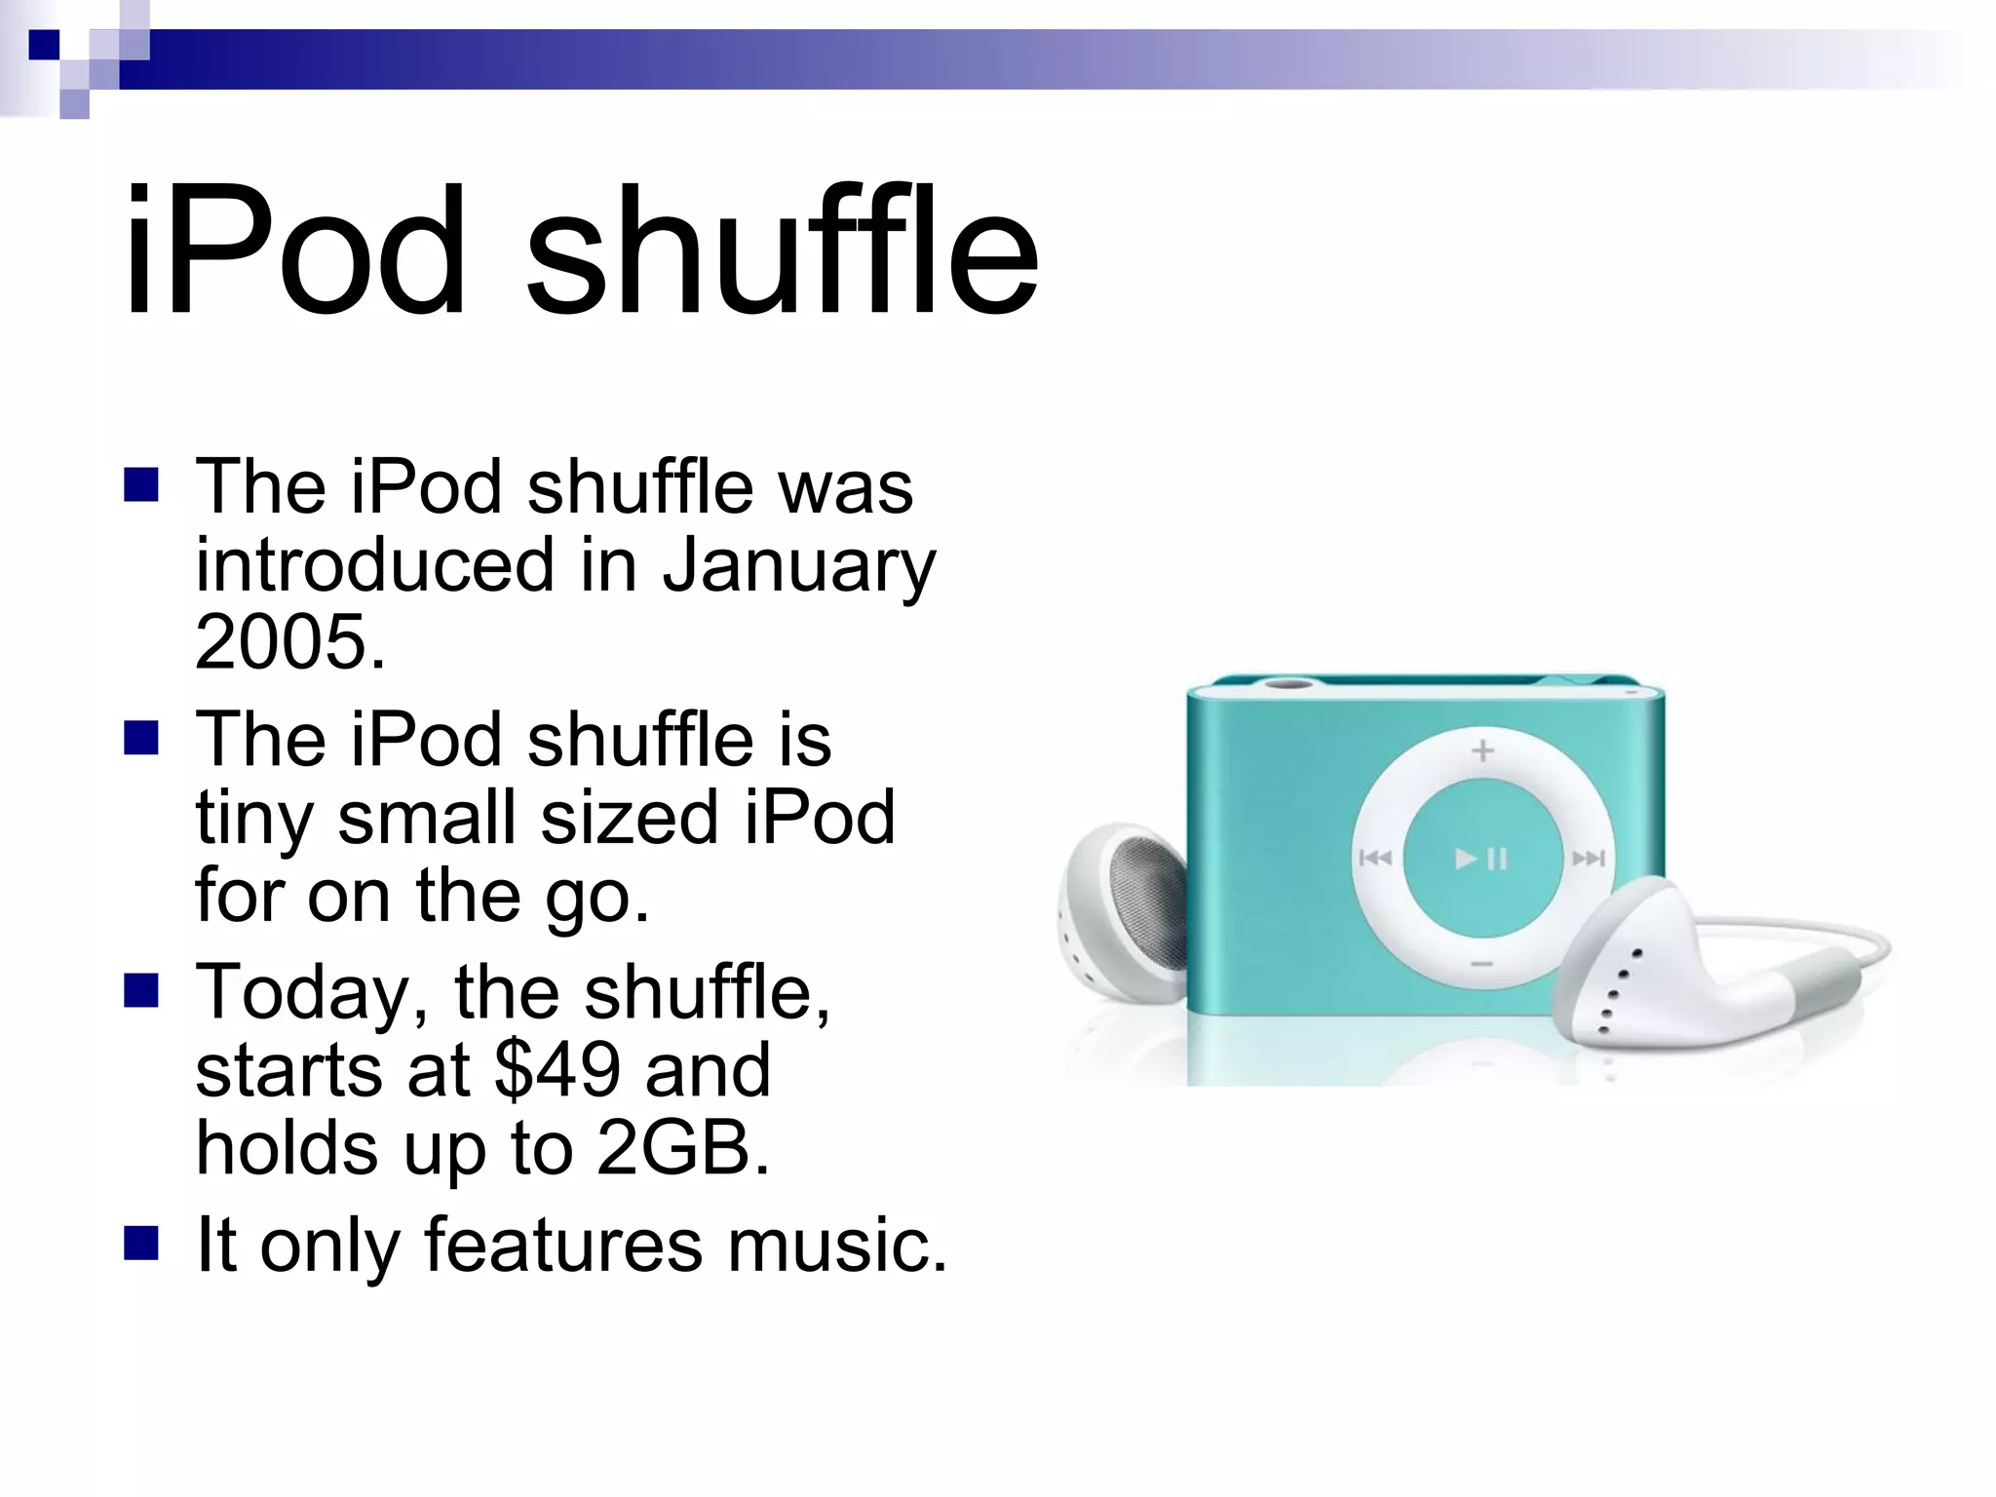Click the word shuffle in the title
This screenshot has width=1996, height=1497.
tap(782, 250)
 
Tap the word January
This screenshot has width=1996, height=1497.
tap(799, 566)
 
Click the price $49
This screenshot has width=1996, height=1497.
tap(557, 1070)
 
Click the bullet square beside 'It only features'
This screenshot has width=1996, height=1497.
tap(141, 1244)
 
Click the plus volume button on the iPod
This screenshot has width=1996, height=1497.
tap(1482, 750)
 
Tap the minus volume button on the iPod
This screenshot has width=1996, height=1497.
tap(1482, 964)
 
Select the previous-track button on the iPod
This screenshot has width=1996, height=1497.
tap(1375, 858)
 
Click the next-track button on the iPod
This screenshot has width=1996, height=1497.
tap(1588, 858)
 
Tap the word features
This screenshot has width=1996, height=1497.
tap(562, 1245)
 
